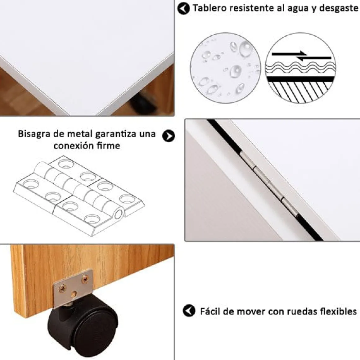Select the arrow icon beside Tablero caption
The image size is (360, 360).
pos(183,8)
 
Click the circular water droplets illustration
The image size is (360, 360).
pos(225,68)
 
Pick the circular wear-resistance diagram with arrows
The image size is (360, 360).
pos(300,68)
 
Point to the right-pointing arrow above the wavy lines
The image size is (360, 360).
pos(290,54)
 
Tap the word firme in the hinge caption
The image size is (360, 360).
pos(108,146)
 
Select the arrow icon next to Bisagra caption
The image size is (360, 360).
pos(169,136)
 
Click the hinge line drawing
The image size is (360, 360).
pos(79,196)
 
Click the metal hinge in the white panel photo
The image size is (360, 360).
pos(269,184)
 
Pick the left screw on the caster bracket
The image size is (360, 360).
pos(62,288)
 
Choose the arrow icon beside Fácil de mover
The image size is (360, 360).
pos(189,311)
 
